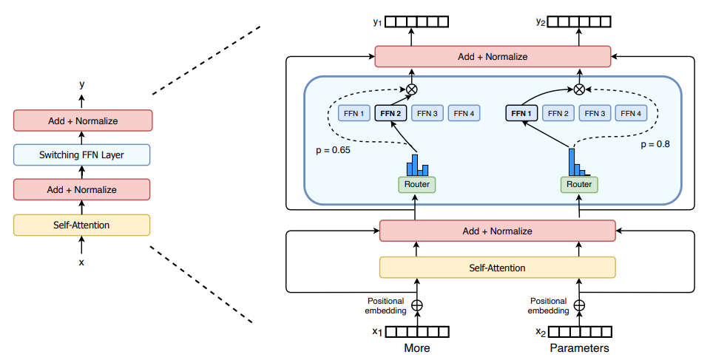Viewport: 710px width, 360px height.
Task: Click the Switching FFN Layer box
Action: (82, 155)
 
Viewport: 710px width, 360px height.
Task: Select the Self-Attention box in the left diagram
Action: (82, 225)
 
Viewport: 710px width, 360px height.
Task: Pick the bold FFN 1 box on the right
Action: (521, 114)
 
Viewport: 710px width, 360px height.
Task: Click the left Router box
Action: (417, 184)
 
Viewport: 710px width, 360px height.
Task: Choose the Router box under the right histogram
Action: (579, 184)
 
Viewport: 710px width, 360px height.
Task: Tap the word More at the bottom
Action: (417, 347)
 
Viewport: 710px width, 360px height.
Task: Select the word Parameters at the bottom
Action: (579, 347)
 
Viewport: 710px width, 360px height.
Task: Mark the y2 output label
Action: (540, 23)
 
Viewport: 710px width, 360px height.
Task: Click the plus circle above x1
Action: (417, 305)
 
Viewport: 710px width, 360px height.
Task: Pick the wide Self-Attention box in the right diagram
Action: (496, 268)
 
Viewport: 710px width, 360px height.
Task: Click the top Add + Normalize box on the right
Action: (493, 56)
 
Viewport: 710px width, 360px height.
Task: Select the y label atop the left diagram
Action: (81, 85)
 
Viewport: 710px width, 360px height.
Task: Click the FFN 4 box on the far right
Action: (631, 114)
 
